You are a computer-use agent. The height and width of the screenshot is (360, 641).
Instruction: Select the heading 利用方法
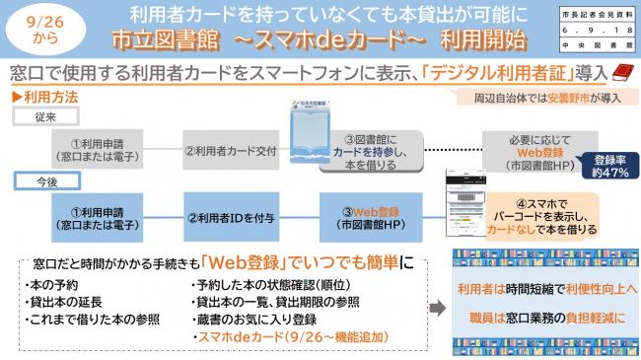[42, 98]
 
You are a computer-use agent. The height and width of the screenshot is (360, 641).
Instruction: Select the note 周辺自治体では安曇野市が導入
[544, 98]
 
